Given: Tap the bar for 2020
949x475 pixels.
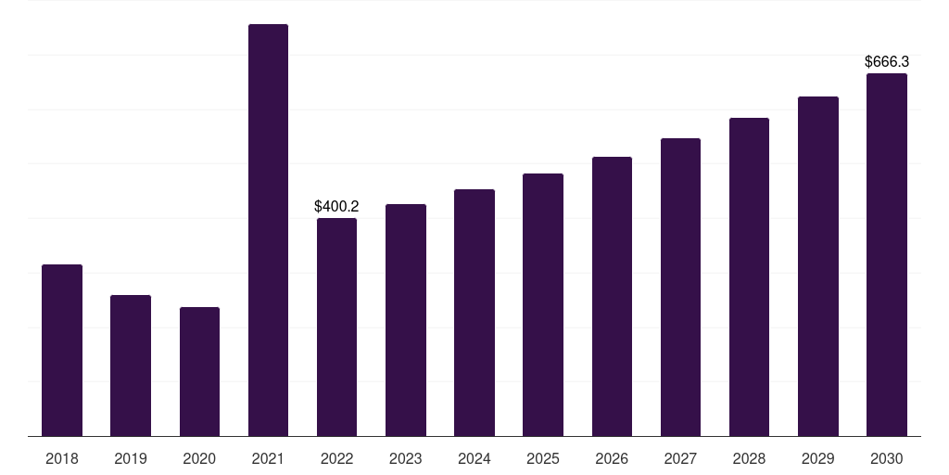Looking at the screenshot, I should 199,371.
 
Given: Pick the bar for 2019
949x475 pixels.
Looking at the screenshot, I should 131,366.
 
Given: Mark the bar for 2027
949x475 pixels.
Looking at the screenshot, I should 680,287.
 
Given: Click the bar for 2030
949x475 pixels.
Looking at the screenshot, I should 887,254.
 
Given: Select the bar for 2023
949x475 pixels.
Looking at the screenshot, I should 406,320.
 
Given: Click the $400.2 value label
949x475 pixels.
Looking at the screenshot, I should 336,206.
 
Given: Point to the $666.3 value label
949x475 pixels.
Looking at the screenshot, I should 887,62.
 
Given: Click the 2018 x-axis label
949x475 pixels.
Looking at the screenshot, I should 62,458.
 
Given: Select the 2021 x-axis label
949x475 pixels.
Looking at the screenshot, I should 268,458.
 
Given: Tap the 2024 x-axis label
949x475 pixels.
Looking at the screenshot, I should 474,458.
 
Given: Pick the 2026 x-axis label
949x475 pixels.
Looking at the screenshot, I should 612,458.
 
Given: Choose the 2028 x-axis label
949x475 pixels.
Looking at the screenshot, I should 749,458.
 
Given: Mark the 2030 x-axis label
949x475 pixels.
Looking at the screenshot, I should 887,458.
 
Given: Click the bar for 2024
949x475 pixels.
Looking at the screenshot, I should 474,313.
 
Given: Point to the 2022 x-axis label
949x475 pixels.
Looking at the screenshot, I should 336,458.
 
